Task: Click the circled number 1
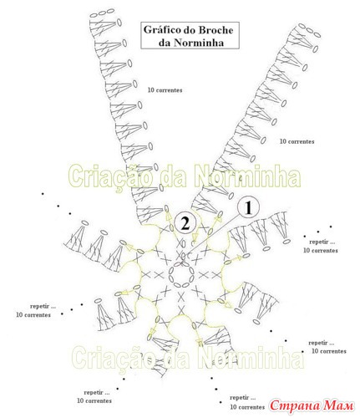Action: click(248, 207)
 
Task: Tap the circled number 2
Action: click(185, 223)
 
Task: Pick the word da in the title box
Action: click(165, 43)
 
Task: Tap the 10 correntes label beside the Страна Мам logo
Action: click(247, 407)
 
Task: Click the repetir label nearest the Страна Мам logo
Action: click(243, 397)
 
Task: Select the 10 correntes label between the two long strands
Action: click(165, 90)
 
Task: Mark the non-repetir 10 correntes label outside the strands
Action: click(297, 141)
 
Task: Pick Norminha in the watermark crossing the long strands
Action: click(247, 176)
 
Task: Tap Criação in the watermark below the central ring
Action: click(114, 358)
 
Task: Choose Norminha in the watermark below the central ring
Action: click(251, 357)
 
